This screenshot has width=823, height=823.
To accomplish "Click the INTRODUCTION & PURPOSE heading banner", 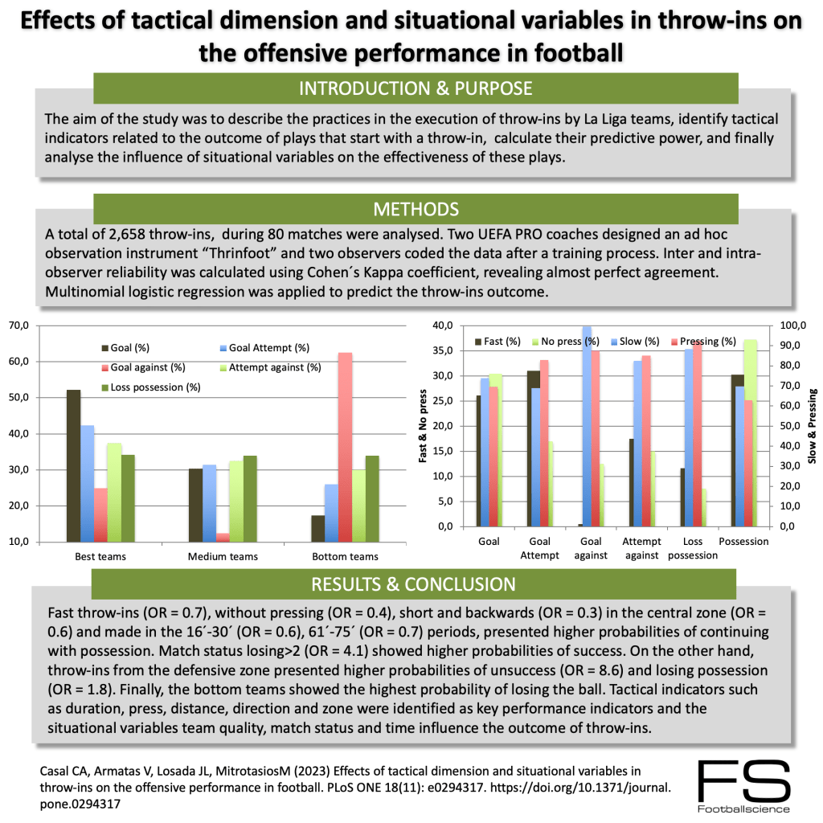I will point(415,88).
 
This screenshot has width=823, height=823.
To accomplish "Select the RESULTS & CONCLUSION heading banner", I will point(415,583).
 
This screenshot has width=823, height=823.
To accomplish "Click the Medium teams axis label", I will point(223,556).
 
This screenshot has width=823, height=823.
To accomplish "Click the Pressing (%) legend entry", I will point(708,341).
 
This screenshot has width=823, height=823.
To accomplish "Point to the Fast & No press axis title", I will point(423,426).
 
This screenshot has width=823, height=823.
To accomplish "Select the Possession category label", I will point(743,541).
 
